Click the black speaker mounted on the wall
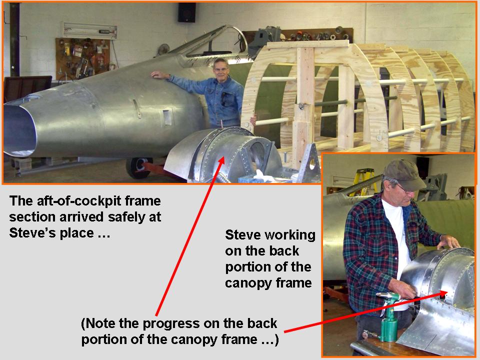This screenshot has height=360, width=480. coord(186,12)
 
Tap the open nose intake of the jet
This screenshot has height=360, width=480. coord(19,128)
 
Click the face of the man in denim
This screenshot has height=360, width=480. coord(220,69)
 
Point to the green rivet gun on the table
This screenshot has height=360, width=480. coord(388,315)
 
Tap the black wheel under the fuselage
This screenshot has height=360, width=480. coord(139,168)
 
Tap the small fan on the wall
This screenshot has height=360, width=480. coord(163,49)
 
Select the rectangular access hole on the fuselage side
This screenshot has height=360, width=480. coord(167,117)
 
